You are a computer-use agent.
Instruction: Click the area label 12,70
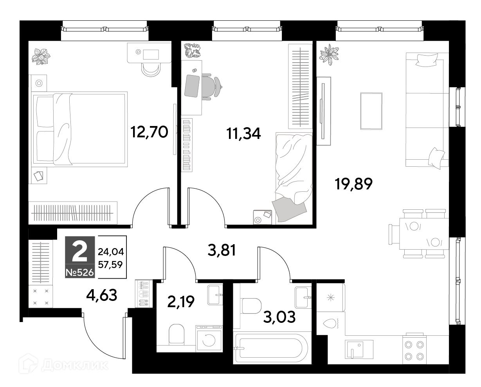(149, 132)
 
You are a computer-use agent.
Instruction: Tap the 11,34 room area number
(243, 133)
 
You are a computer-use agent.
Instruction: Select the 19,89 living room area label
(353, 184)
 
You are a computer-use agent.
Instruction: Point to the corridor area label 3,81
(222, 250)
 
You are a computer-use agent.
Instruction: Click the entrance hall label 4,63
(102, 295)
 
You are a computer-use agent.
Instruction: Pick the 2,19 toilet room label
(181, 301)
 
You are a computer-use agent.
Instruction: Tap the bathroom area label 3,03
(279, 317)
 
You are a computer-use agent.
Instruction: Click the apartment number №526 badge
(80, 273)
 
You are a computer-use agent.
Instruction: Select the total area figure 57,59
(110, 265)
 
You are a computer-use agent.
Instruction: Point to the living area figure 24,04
(111, 252)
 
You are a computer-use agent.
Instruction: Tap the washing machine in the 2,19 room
(209, 338)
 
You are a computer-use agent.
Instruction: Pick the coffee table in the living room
(371, 111)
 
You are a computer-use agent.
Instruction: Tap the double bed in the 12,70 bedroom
(79, 129)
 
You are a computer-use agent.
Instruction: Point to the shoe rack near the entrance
(144, 293)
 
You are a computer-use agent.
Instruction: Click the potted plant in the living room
(329, 54)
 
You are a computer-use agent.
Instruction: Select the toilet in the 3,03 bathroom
(252, 306)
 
